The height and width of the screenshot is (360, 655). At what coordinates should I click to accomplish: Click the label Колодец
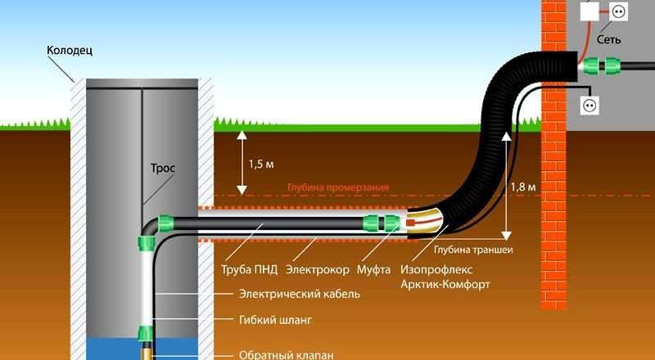pos(70,50)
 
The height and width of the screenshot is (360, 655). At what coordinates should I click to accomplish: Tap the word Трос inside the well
pos(162,168)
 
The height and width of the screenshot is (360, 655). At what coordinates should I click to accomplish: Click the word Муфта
pos(377,269)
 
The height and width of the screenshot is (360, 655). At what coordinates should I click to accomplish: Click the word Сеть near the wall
pos(608,38)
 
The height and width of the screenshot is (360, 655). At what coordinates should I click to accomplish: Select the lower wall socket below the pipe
pos(589,105)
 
